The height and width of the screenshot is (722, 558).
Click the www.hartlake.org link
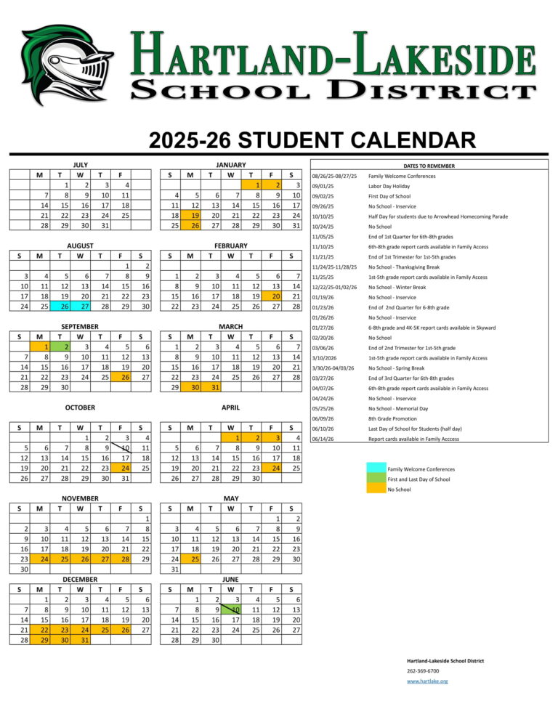[427, 681]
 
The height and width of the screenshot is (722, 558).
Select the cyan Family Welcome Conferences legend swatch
[376, 469]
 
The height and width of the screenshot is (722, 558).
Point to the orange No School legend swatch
[376, 489]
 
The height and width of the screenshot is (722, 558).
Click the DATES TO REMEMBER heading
[430, 166]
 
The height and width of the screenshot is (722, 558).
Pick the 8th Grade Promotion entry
[392, 418]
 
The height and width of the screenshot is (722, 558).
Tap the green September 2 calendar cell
[65, 346]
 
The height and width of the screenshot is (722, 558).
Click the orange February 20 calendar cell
[272, 296]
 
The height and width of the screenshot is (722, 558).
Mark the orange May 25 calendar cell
[190, 559]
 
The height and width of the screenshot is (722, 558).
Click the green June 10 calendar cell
[231, 609]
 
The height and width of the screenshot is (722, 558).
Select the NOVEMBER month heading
[80, 498]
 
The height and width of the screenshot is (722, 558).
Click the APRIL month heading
[231, 407]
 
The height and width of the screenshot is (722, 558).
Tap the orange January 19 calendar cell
[190, 215]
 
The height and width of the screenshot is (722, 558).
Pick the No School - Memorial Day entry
[397, 408]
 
